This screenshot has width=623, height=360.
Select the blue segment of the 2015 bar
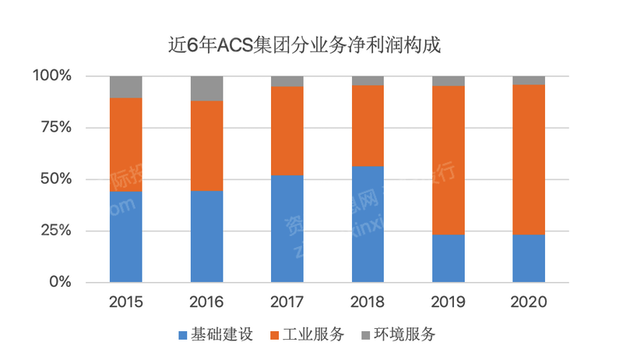click(x=126, y=236)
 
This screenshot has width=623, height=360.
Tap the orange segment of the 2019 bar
click(x=448, y=160)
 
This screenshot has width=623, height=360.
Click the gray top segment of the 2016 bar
click(x=207, y=88)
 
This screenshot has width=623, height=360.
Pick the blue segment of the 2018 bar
click(x=368, y=224)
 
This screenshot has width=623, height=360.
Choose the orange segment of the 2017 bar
click(x=287, y=131)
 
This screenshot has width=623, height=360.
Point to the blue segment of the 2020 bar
click(x=529, y=258)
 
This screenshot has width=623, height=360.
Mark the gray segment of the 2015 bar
click(x=126, y=86)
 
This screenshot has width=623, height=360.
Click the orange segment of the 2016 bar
click(x=207, y=146)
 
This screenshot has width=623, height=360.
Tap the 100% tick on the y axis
click(x=52, y=76)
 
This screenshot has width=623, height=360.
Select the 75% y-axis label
click(x=55, y=128)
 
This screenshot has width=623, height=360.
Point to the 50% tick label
click(x=55, y=179)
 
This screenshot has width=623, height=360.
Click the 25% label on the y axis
click(x=55, y=231)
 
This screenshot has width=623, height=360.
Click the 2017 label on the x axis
click(x=287, y=302)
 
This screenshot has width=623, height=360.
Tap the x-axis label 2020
click(x=529, y=302)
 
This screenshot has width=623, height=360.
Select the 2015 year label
click(x=126, y=302)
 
